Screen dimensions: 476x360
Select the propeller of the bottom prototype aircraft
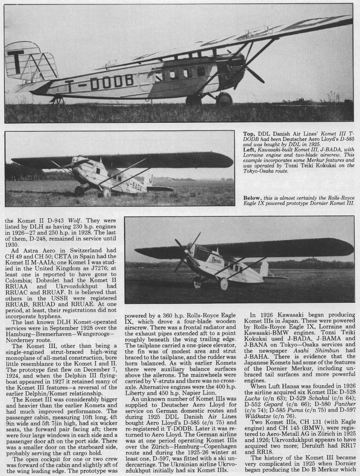pos(184,254)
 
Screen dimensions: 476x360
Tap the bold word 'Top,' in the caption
pos(249,134)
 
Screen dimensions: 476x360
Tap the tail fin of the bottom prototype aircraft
pos(265,269)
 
